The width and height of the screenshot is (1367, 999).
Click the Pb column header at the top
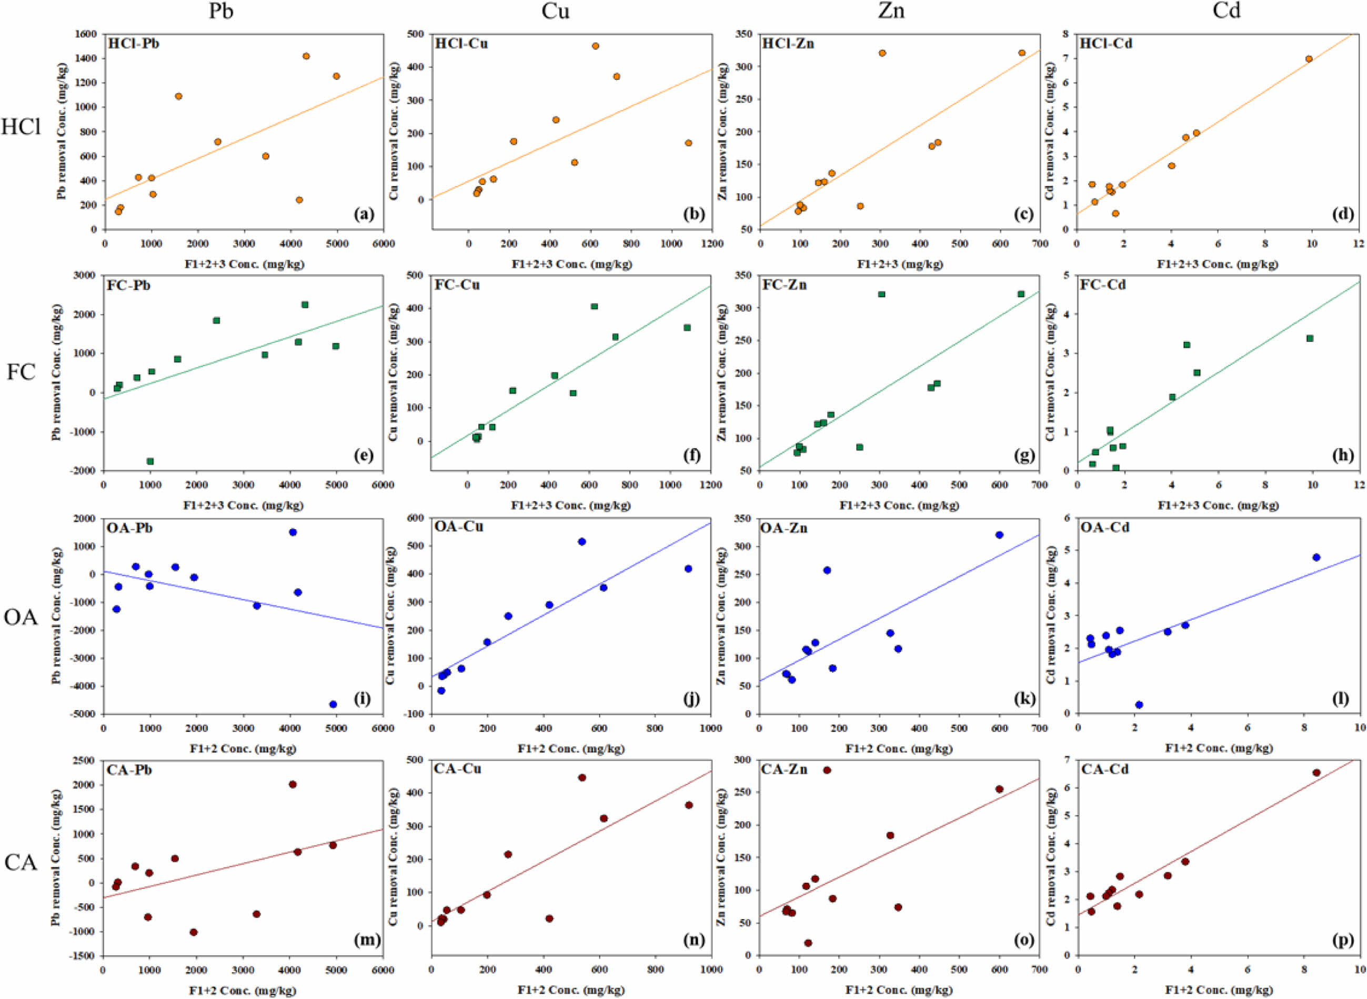[x=221, y=12]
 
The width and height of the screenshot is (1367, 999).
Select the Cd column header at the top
[x=1226, y=12]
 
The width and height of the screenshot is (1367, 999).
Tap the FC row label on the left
[x=22, y=372]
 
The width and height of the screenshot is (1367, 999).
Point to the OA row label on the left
[x=21, y=618]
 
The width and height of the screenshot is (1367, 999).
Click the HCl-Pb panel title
[x=134, y=44]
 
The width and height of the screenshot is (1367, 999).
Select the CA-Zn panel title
[x=785, y=770]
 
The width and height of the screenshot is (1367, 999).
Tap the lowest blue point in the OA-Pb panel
[x=333, y=704]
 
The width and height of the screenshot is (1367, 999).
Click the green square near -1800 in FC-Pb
[x=150, y=461]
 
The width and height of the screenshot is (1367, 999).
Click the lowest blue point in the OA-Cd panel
[x=1139, y=704]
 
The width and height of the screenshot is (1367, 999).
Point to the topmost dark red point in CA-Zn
[x=827, y=770]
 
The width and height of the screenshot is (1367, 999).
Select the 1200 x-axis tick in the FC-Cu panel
[x=711, y=485]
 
